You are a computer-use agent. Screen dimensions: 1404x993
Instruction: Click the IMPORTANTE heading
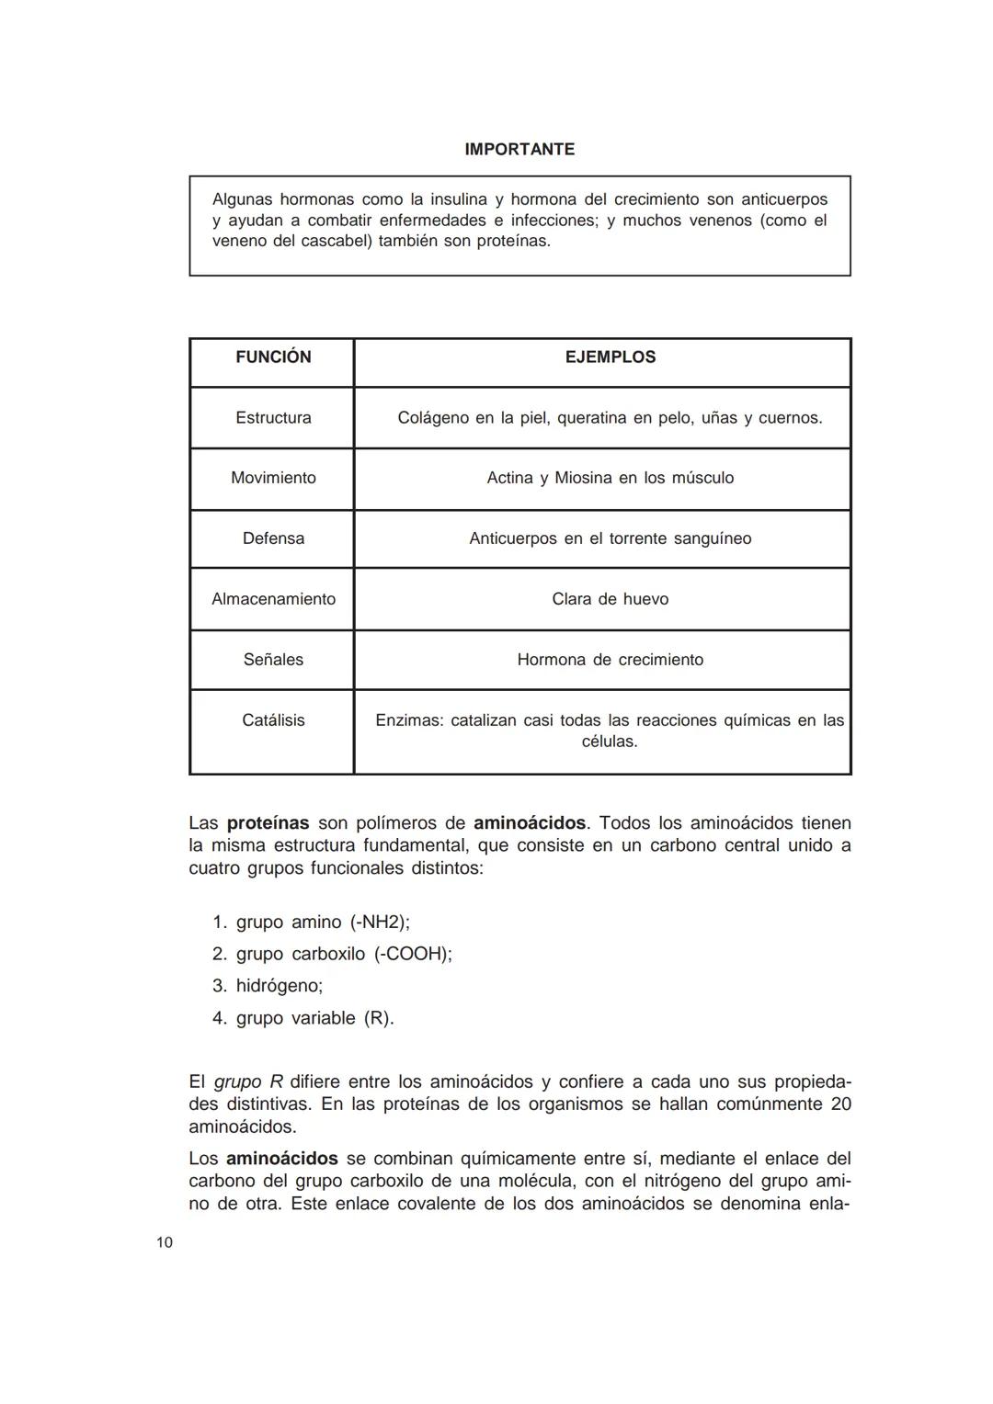point(519,149)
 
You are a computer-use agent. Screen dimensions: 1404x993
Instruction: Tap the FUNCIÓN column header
point(273,357)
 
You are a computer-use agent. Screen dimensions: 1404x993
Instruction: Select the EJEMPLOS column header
point(610,357)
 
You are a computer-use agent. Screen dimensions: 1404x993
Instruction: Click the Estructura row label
point(273,418)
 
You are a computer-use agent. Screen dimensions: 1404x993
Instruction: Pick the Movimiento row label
point(273,478)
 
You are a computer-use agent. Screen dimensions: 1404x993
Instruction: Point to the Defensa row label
point(273,538)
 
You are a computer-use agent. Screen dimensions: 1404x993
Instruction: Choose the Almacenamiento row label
point(273,599)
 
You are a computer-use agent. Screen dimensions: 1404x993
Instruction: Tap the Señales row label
point(273,660)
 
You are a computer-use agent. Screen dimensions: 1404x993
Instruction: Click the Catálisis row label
point(273,720)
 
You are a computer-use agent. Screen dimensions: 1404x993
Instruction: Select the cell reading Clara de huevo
point(610,599)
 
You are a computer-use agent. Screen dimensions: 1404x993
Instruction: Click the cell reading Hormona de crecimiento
point(610,660)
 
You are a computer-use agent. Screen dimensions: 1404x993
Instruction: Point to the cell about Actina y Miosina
point(610,478)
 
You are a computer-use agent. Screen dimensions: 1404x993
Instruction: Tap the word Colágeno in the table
point(432,418)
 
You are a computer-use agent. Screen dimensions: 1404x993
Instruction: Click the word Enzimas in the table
point(408,720)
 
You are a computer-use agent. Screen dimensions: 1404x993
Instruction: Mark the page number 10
point(165,1243)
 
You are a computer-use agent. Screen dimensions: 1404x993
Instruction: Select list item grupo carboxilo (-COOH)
point(343,954)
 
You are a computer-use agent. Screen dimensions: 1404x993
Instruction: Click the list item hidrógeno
point(279,986)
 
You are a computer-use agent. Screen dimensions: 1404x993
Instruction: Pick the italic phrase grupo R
point(248,1081)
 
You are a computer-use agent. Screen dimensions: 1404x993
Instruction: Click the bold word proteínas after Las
point(268,822)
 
